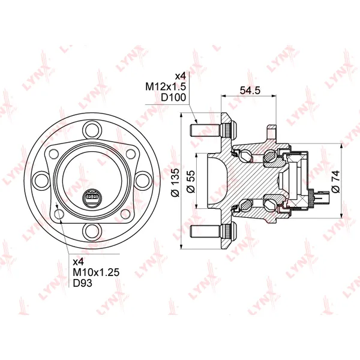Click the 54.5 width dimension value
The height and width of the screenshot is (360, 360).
coord(250,90)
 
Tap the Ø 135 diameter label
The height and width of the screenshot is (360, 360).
coord(176,182)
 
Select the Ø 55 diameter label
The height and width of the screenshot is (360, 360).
coord(190,181)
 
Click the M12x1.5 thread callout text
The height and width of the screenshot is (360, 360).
coord(166,86)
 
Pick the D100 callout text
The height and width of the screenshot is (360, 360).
coord(173,98)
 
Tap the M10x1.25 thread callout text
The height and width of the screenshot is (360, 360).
coord(96,272)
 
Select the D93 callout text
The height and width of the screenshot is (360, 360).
coord(82,283)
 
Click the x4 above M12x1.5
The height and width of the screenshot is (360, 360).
coord(180,76)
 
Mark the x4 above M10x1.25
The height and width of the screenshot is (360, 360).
coord(78,262)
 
